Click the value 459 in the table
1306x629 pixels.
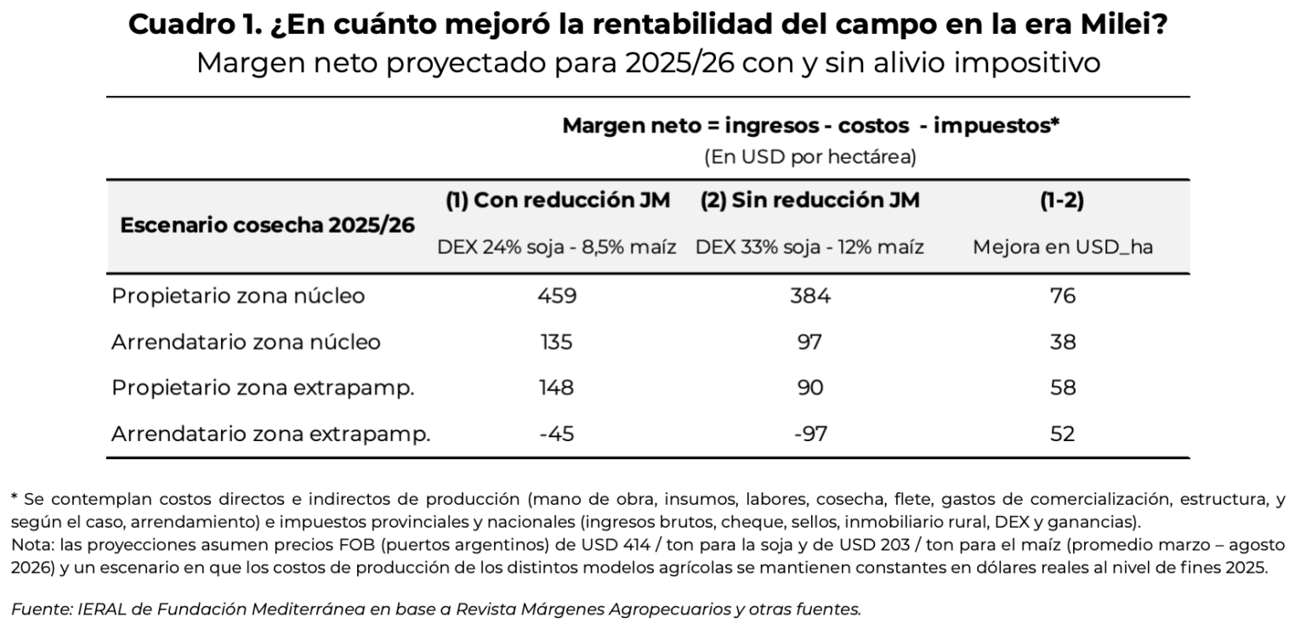(557, 297)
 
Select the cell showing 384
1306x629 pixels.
(809, 297)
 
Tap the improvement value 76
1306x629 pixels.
(1062, 297)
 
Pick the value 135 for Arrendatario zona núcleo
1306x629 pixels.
(557, 343)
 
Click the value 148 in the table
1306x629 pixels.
(557, 388)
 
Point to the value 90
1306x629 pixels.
(809, 388)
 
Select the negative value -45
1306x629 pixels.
(557, 434)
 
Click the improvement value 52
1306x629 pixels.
(1062, 434)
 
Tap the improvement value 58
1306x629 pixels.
(1062, 388)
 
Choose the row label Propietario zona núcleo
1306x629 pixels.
(238, 297)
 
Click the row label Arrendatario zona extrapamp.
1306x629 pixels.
(271, 434)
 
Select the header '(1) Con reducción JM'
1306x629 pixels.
(558, 201)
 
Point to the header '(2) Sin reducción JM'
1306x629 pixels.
(809, 201)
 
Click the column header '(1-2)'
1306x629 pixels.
(1062, 201)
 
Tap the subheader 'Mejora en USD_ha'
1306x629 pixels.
(1062, 248)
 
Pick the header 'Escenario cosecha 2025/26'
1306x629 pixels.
(268, 225)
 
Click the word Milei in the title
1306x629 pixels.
(1119, 25)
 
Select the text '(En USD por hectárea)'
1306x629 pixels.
(809, 157)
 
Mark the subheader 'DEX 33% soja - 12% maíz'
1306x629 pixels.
(809, 248)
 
